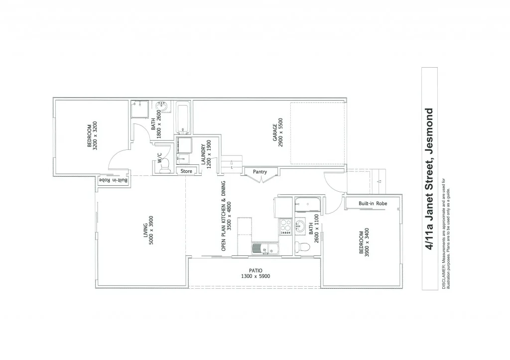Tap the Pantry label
click(260, 172)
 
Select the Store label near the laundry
click(186, 171)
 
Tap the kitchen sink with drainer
click(260, 249)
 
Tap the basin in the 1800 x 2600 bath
click(162, 107)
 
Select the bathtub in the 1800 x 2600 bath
click(182, 119)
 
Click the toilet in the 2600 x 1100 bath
click(302, 246)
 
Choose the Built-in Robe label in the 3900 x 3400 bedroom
click(373, 204)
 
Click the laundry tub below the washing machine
click(183, 159)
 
